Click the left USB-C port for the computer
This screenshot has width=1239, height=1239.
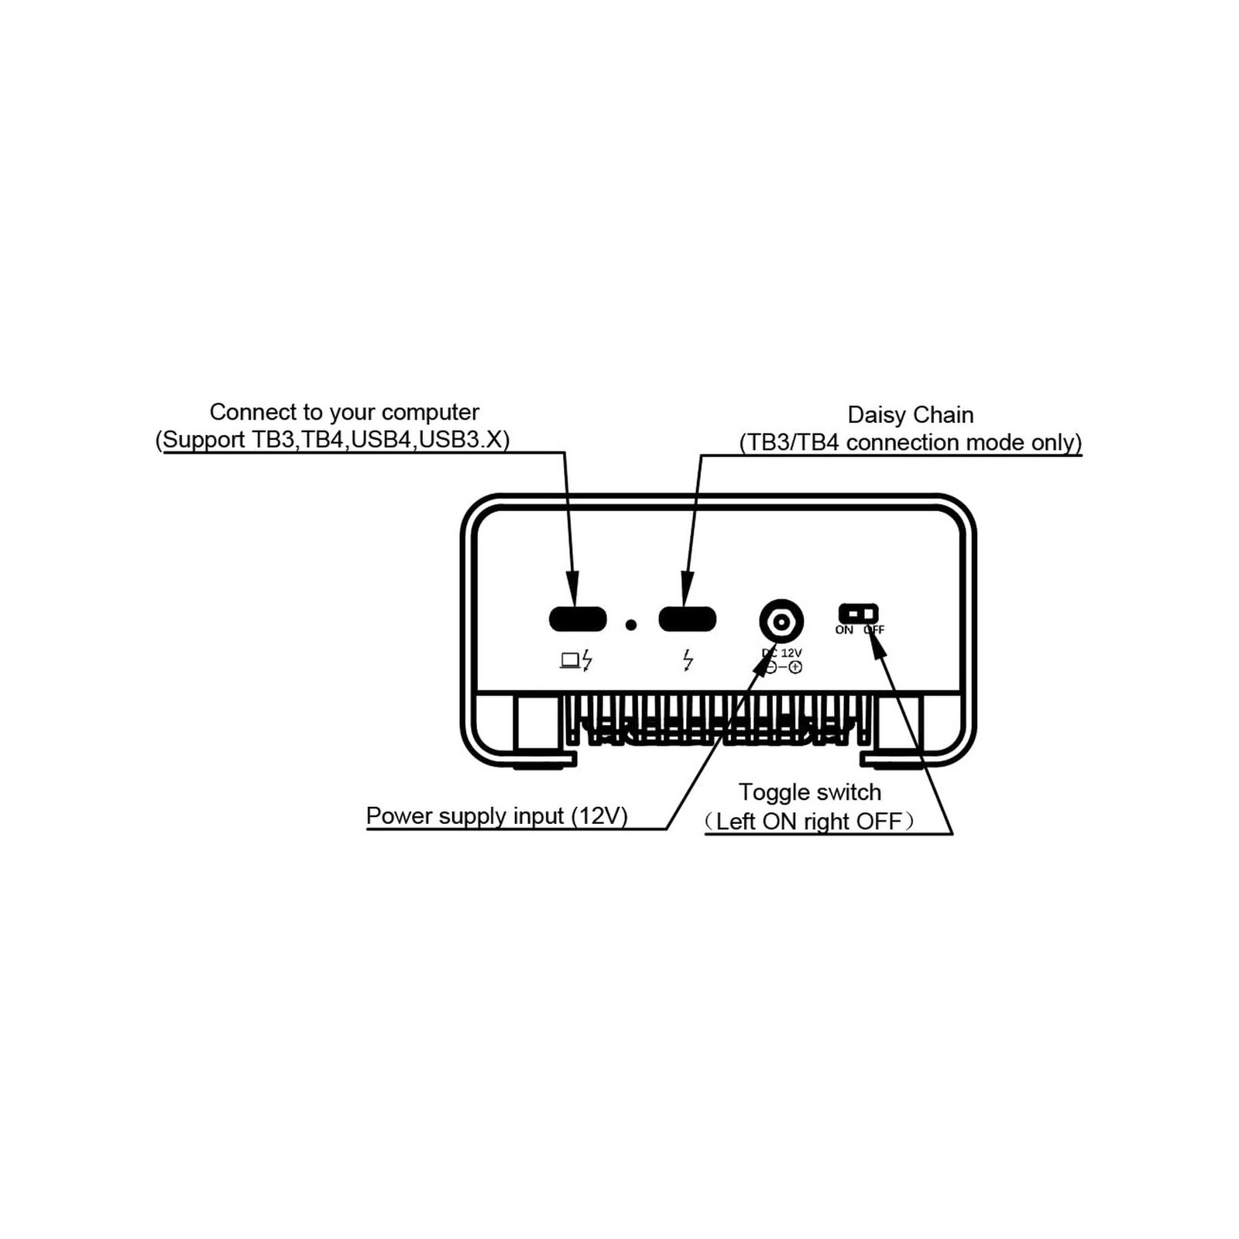[578, 619]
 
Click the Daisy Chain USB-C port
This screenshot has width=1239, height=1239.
[687, 619]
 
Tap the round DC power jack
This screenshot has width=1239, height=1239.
[781, 621]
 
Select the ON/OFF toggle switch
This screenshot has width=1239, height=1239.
[858, 613]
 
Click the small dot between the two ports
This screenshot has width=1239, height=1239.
[631, 624]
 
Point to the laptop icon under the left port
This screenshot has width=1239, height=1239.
[570, 661]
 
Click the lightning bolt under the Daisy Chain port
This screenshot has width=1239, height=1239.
[688, 661]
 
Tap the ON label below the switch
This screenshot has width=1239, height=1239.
[844, 630]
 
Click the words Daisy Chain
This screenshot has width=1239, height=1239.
[910, 415]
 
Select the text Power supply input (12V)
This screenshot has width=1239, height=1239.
[496, 816]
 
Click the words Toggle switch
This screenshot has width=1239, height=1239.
[809, 792]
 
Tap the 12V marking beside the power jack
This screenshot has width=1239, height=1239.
[791, 653]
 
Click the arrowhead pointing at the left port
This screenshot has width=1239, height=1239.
[572, 588]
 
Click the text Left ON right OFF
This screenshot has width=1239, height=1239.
[809, 821]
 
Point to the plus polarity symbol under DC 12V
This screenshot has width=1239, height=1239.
[795, 667]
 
